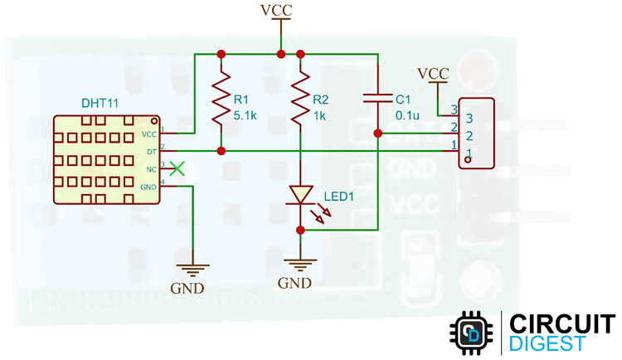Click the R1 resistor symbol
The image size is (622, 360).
(221, 100)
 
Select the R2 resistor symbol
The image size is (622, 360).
(299, 100)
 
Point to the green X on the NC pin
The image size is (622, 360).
(177, 168)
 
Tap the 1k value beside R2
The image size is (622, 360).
(319, 115)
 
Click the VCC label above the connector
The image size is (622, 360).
(433, 73)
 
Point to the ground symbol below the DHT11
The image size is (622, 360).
(192, 270)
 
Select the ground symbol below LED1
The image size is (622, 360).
(299, 265)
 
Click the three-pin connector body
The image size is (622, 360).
(476, 133)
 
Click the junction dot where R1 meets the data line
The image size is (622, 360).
(221, 151)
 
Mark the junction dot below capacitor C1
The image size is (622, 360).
(377, 133)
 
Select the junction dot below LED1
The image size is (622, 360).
(299, 230)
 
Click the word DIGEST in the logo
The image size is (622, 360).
(547, 343)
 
